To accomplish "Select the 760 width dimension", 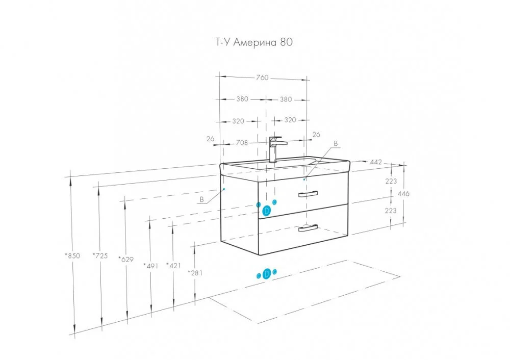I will click(262, 78).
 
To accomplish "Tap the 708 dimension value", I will click(242, 143).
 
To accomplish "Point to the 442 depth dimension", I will click(376, 162).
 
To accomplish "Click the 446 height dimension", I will click(403, 194).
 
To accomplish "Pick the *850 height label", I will click(73, 256).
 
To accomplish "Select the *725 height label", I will click(100, 256).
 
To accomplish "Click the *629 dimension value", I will click(125, 260).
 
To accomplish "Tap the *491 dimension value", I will click(151, 265).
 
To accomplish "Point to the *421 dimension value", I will click(174, 265).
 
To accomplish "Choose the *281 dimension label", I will click(195, 273).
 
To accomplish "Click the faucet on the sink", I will click(274, 148).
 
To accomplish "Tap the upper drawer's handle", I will click(308, 194).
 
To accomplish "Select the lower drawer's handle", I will click(308, 228).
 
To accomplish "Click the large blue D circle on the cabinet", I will click(267, 210).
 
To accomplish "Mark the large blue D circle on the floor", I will click(267, 275).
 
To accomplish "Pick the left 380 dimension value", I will click(242, 99).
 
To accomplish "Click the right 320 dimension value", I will click(290, 121).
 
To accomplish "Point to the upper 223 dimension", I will click(391, 181).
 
